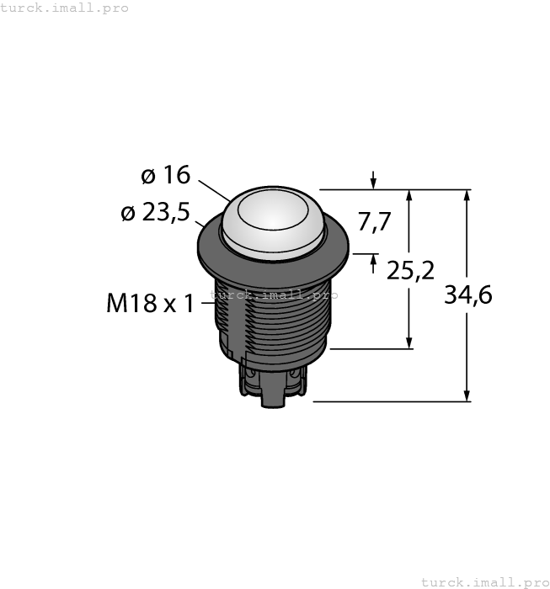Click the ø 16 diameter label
pyautogui.click(x=166, y=175)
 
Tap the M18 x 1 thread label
pyautogui.click(x=150, y=303)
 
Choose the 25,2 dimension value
pyautogui.click(x=410, y=270)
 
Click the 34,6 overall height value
pyautogui.click(x=467, y=295)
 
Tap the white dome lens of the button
pyautogui.click(x=274, y=216)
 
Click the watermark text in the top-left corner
pyautogui.click(x=65, y=8)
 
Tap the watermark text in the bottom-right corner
pyautogui.click(x=484, y=581)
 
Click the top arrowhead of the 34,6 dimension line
pyautogui.click(x=467, y=196)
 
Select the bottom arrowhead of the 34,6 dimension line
pyautogui.click(x=467, y=395)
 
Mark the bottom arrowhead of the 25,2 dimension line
pyautogui.click(x=409, y=342)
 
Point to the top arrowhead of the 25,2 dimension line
pyautogui.click(x=409, y=196)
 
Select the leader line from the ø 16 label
pyautogui.click(x=214, y=190)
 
